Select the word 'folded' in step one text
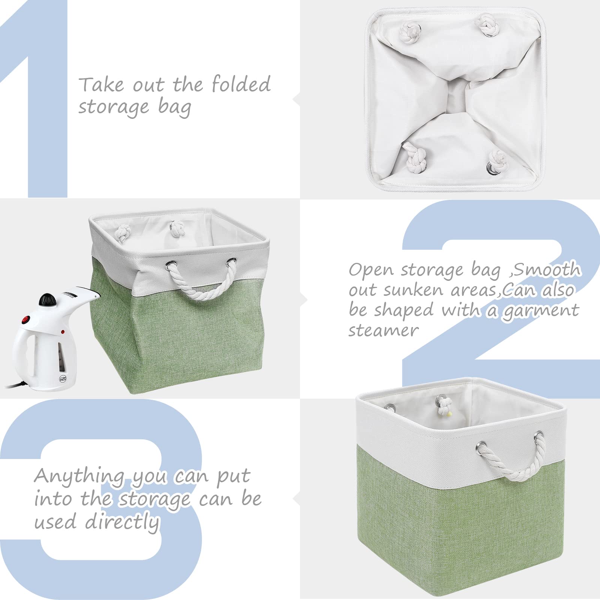click(241, 84)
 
